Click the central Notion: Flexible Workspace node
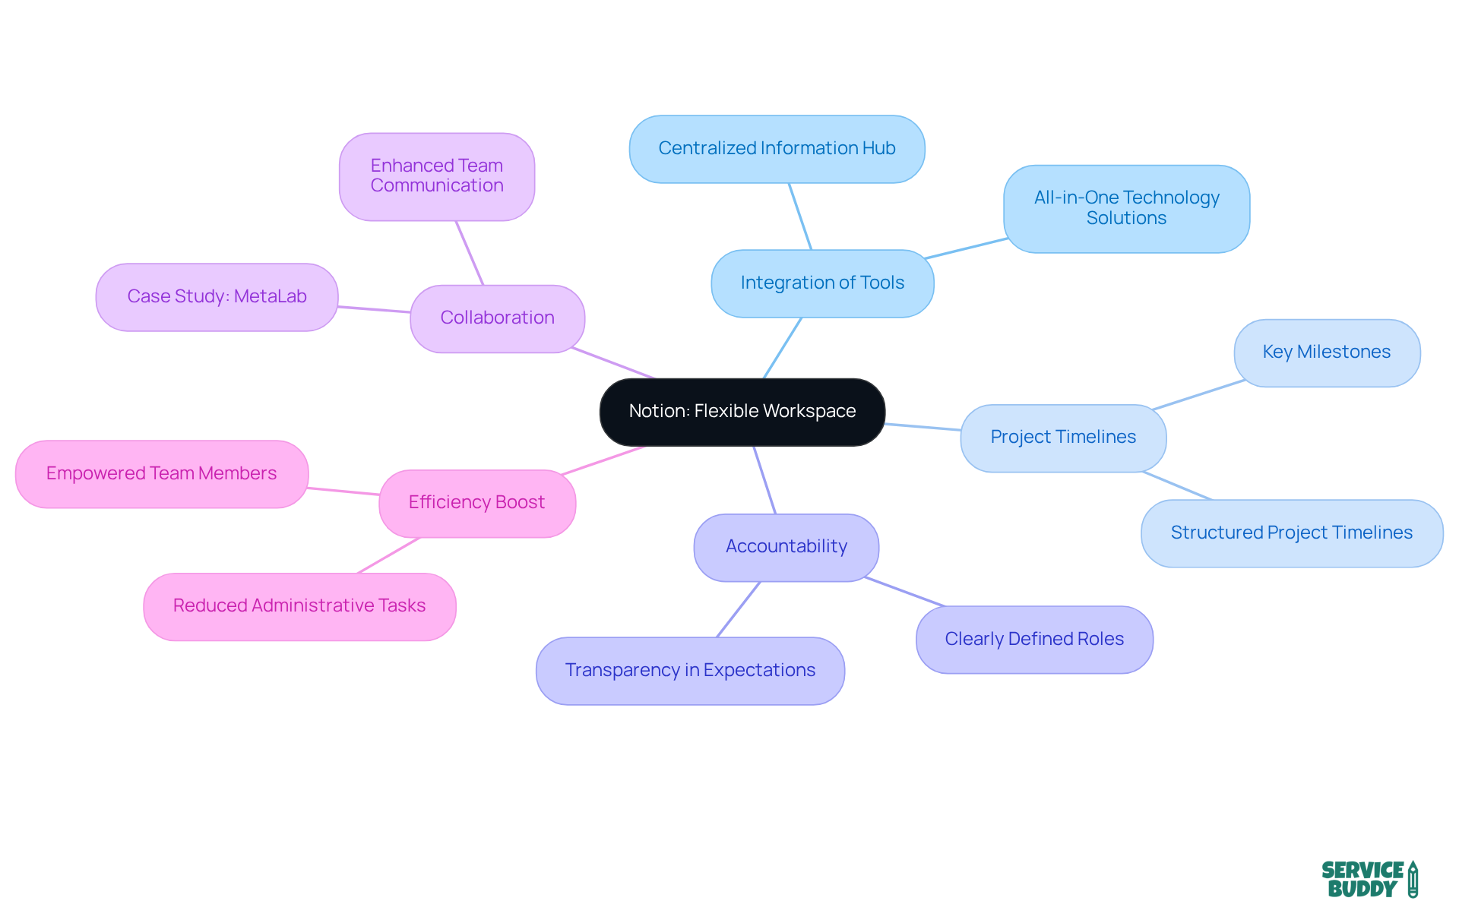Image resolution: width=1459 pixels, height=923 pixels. coord(742,412)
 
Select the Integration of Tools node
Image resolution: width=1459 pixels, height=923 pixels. coord(822,283)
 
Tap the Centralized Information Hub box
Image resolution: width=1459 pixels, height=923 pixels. coord(777,149)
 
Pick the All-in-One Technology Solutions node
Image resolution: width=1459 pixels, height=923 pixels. coord(1126,208)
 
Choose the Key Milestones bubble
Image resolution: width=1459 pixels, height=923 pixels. coord(1326,352)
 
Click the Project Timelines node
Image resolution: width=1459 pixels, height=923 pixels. coord(1062,438)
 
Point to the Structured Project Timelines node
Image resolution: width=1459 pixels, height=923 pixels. coord(1291,533)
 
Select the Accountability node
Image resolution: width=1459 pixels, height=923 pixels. coord(786,547)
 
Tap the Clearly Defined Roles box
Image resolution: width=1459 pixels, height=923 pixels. coord(1033,639)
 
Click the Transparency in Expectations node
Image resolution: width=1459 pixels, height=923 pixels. coord(689,670)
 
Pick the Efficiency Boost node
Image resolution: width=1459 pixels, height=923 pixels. coord(476,503)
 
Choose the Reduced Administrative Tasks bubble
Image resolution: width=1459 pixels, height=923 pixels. coord(299,606)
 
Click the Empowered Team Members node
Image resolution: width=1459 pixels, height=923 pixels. coord(161,474)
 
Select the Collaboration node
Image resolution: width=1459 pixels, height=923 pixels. coord(497,318)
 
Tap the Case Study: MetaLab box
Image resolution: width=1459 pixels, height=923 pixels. coord(217,297)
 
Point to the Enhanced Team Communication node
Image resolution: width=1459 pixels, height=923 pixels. coord(436,176)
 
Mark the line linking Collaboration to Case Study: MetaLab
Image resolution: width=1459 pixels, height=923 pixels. coord(374,309)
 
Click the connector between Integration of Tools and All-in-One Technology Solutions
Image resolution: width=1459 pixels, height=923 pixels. coord(967,248)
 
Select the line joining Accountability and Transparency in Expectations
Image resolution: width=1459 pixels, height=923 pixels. coord(738,609)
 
